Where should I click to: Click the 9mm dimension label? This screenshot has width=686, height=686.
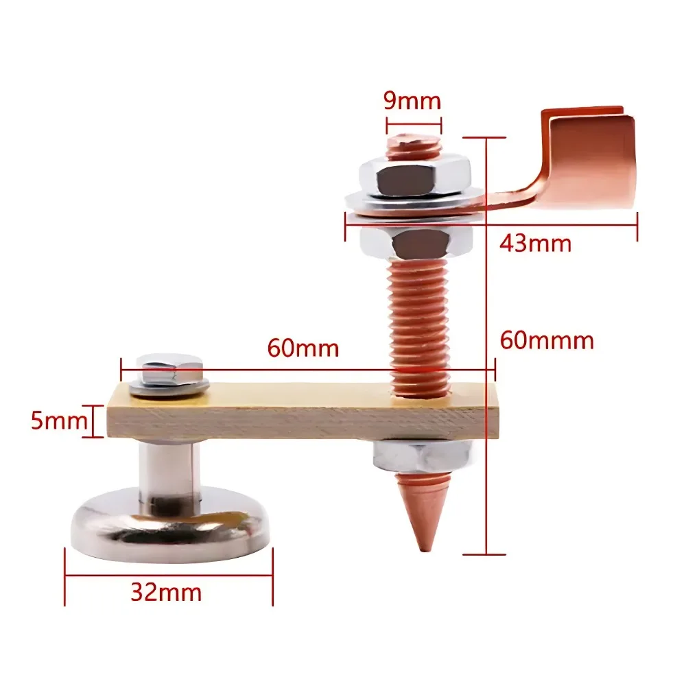(x=412, y=102)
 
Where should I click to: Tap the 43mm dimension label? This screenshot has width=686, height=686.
(x=535, y=242)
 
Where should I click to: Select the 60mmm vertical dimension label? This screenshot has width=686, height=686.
(x=547, y=340)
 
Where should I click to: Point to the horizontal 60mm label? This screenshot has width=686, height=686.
(x=303, y=348)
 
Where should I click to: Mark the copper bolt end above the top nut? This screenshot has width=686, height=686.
(x=413, y=147)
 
